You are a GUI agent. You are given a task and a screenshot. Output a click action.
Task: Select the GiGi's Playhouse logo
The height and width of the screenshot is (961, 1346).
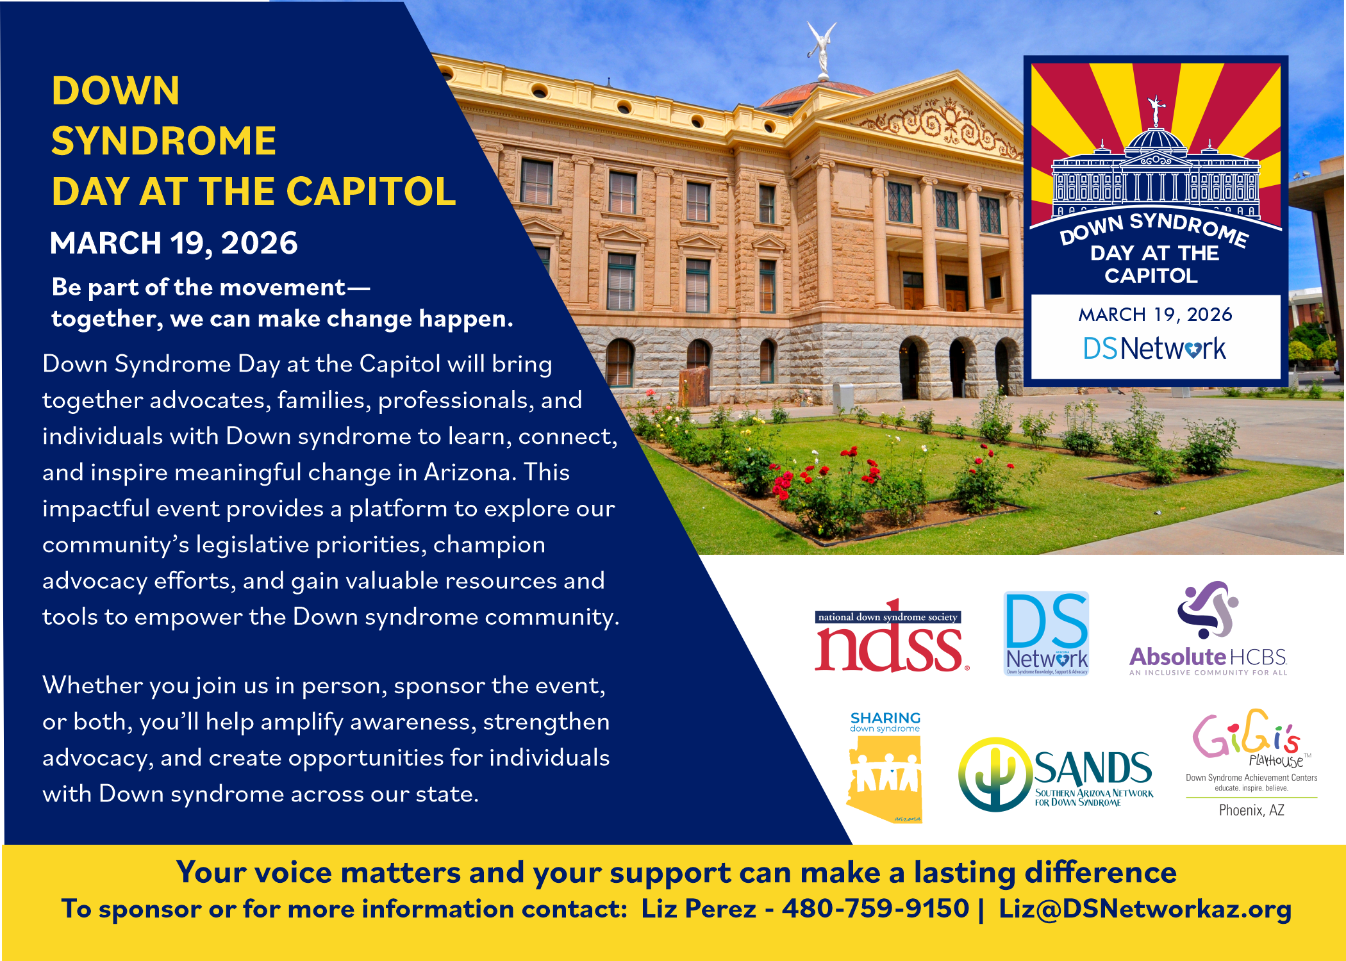tap(1250, 743)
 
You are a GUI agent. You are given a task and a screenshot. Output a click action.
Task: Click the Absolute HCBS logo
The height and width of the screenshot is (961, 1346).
tap(1208, 631)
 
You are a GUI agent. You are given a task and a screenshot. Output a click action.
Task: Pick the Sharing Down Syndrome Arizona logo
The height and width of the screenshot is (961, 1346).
tap(885, 769)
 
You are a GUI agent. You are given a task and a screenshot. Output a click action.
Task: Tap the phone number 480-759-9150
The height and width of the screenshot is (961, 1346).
tap(876, 908)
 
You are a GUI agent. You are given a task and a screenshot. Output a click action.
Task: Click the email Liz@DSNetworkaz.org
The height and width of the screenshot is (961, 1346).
tap(1145, 908)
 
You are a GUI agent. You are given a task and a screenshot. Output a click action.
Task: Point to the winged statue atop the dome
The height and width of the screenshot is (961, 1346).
tap(822, 48)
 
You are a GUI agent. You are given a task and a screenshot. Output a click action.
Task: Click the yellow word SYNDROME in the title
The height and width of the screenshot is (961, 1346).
tap(163, 141)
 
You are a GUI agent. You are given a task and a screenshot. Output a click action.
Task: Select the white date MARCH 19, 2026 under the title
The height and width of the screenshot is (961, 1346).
tap(174, 243)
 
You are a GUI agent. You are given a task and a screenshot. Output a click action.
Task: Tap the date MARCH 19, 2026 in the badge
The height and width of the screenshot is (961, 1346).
tap(1155, 315)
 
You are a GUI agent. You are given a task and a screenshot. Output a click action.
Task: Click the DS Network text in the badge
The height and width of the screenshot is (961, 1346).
tap(1154, 349)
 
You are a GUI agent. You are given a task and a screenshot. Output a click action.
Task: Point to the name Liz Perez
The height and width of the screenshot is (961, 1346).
tap(699, 908)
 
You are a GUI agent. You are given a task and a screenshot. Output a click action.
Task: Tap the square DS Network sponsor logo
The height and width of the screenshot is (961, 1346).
tap(1046, 634)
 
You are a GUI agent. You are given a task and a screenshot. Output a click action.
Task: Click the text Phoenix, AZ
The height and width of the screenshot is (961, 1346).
tap(1251, 810)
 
